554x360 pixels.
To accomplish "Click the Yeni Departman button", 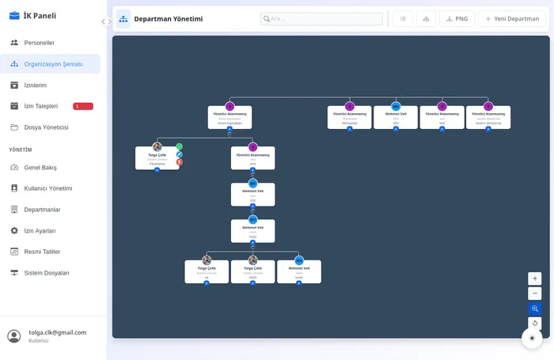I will pyautogui.click(x=512, y=19).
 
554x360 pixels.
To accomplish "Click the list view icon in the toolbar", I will pyautogui.click(x=402, y=19).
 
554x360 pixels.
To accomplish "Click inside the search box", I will pyautogui.click(x=321, y=19).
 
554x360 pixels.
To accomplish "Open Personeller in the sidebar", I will pyautogui.click(x=39, y=43).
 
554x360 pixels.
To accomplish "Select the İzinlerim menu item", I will pyautogui.click(x=35, y=85).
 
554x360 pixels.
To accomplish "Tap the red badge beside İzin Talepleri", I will pyautogui.click(x=82, y=106).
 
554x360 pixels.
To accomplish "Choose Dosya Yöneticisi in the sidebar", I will pyautogui.click(x=46, y=127).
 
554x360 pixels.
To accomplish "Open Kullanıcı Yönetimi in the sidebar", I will pyautogui.click(x=48, y=188).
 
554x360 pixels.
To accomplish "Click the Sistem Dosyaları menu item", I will pyautogui.click(x=47, y=273).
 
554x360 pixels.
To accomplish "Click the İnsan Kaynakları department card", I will pyautogui.click(x=230, y=118).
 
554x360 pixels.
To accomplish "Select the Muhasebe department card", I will pyautogui.click(x=349, y=118).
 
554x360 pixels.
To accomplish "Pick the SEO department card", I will pyautogui.click(x=396, y=118).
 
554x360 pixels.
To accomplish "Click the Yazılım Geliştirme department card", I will pyautogui.click(x=488, y=118).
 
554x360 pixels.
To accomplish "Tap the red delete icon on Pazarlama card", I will pyautogui.click(x=180, y=162).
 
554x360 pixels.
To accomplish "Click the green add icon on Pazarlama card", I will pyautogui.click(x=180, y=146).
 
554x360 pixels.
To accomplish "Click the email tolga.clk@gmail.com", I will pyautogui.click(x=58, y=332).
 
